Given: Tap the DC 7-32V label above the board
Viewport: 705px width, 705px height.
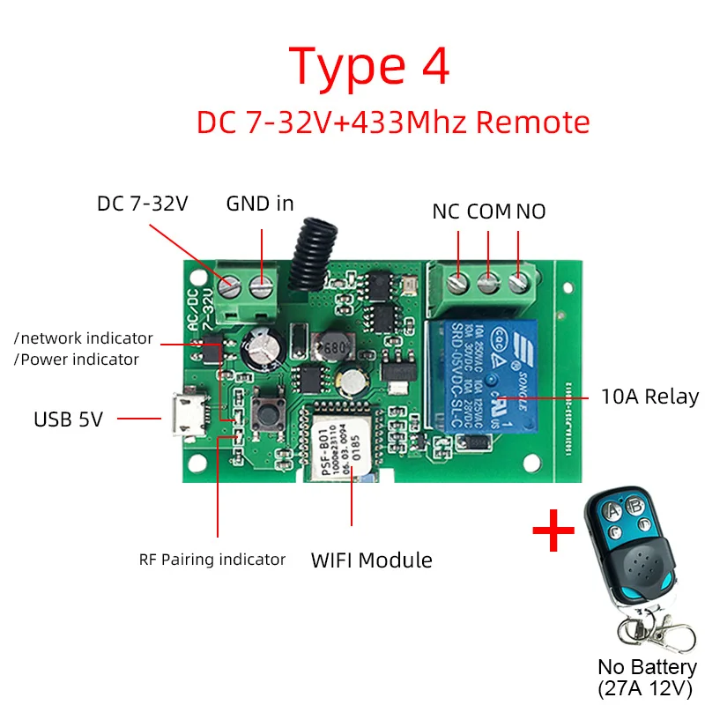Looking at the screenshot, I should pyautogui.click(x=143, y=204).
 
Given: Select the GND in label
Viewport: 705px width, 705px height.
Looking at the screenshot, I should pyautogui.click(x=260, y=204).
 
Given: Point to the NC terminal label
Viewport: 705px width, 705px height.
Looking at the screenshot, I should pyautogui.click(x=446, y=211).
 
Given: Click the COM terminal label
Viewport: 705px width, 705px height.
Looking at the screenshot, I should pyautogui.click(x=489, y=211).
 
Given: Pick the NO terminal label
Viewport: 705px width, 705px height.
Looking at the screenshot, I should pyautogui.click(x=531, y=211).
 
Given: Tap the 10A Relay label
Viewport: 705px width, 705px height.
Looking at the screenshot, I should pyautogui.click(x=649, y=397).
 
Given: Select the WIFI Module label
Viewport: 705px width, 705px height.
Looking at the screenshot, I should pyautogui.click(x=371, y=560).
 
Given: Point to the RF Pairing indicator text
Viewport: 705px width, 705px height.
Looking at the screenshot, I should pyautogui.click(x=211, y=560).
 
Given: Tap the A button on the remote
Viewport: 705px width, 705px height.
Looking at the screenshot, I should pyautogui.click(x=606, y=509).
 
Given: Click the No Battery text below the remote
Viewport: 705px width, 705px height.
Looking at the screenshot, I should pyautogui.click(x=647, y=667).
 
